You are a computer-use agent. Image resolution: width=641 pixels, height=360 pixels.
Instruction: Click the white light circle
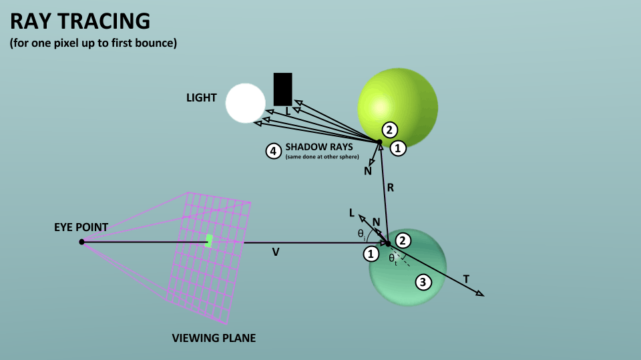pyautogui.click(x=246, y=103)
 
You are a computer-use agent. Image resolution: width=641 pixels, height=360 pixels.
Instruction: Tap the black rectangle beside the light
pyautogui.click(x=283, y=89)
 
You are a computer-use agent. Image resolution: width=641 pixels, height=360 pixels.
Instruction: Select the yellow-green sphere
pyautogui.click(x=398, y=108)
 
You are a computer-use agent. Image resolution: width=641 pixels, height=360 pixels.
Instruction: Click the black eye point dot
pyautogui.click(x=81, y=242)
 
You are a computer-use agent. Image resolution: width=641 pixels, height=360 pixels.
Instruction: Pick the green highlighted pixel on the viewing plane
pyautogui.click(x=209, y=241)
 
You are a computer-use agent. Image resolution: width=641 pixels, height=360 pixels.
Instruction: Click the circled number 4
pyautogui.click(x=274, y=151)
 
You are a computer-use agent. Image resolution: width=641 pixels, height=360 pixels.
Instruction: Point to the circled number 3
pyautogui.click(x=423, y=282)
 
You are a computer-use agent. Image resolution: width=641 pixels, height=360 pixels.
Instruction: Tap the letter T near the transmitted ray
pyautogui.click(x=466, y=279)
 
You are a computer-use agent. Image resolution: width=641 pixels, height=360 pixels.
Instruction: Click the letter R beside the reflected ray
pyautogui.click(x=391, y=188)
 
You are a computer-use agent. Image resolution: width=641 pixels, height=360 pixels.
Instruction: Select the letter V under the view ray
pyautogui.click(x=276, y=252)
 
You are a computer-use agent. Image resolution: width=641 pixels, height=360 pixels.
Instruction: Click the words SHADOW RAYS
pyautogui.click(x=319, y=147)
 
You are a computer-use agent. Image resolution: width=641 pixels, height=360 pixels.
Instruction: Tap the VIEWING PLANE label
pyautogui.click(x=214, y=338)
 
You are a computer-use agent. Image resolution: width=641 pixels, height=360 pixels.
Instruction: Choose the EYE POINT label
pyautogui.click(x=81, y=227)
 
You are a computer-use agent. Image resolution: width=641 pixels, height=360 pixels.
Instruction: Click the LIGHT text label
pyautogui.click(x=202, y=98)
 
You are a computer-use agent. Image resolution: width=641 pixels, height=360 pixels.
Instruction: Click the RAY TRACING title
pyautogui.click(x=80, y=21)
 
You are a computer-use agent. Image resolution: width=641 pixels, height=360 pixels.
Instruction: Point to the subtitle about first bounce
pyautogui.click(x=93, y=43)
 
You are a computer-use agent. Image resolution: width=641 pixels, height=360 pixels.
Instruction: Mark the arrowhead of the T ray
pyautogui.click(x=481, y=293)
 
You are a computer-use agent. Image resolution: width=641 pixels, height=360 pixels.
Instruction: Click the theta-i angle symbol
pyautogui.click(x=361, y=234)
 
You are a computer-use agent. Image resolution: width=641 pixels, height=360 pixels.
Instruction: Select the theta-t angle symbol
pyautogui.click(x=393, y=259)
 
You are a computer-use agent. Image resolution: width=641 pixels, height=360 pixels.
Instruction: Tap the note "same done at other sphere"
pyautogui.click(x=322, y=157)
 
